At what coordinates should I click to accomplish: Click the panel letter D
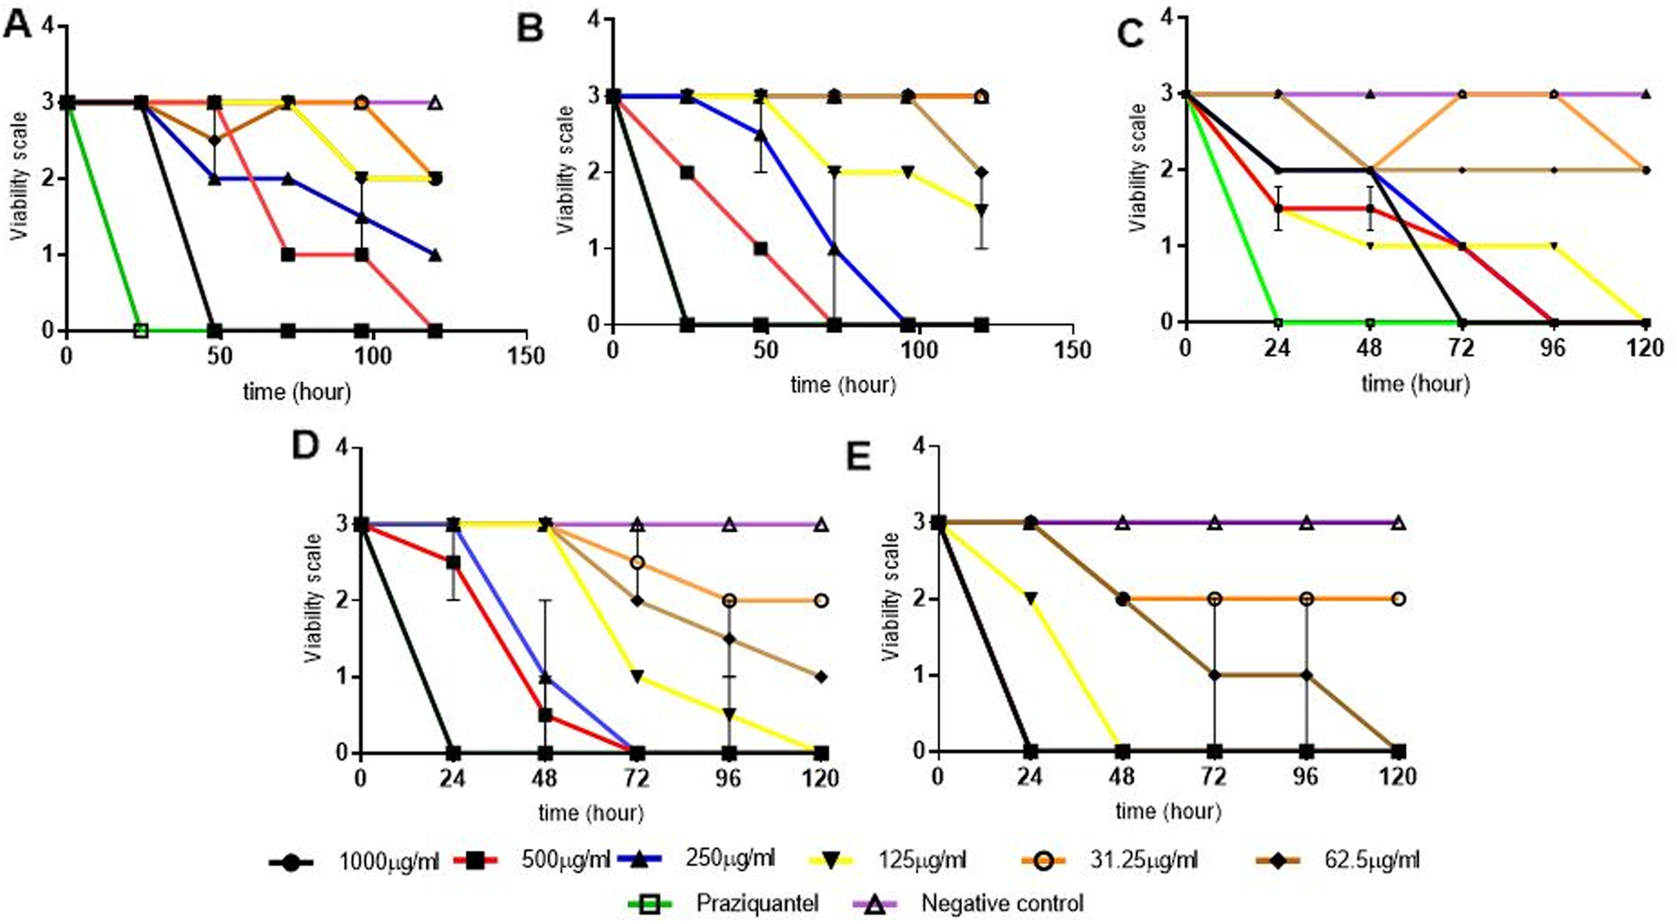305,446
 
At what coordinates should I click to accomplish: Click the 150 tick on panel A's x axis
525,356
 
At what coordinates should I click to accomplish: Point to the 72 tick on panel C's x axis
1461,348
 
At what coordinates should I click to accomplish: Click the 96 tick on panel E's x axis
1306,777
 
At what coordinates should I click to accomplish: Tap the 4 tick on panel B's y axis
594,19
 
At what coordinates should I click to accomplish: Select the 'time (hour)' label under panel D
590,811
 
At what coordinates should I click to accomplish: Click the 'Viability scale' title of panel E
890,596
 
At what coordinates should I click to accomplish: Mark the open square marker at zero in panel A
141,331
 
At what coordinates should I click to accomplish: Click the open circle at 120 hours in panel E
1398,598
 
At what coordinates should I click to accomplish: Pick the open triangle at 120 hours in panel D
821,524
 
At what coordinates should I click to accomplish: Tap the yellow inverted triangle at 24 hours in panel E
1030,598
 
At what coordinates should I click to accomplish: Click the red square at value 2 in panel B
687,172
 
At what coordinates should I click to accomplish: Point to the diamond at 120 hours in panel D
821,677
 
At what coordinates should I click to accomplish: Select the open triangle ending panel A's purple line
435,102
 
